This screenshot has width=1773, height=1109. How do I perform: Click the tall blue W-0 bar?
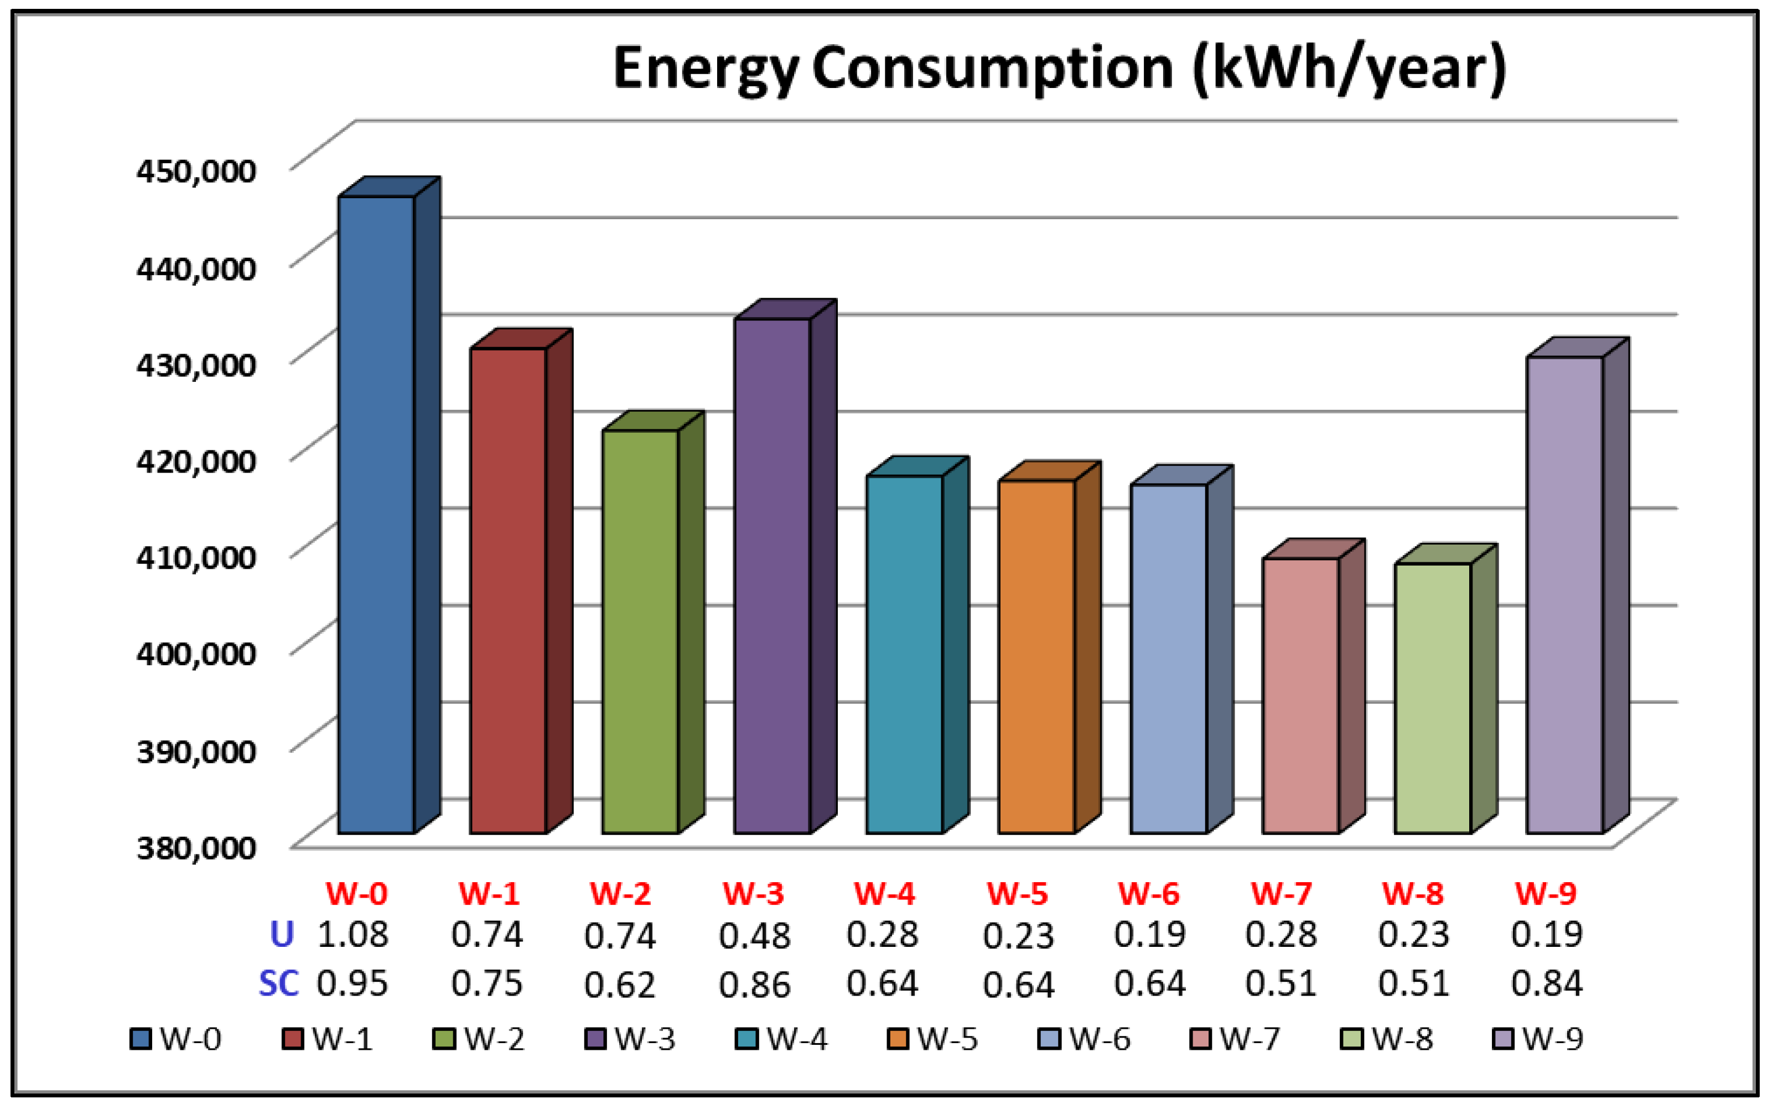click(x=376, y=514)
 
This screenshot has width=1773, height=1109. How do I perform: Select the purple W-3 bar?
click(x=772, y=576)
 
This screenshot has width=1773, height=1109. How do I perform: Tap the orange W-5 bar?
click(x=1036, y=656)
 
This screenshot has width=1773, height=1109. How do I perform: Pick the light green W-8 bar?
click(x=1432, y=697)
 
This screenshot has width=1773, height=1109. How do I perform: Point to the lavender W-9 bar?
click(x=1564, y=594)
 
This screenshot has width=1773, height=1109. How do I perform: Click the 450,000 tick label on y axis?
click(x=196, y=171)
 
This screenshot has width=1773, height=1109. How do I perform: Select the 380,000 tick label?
click(x=196, y=848)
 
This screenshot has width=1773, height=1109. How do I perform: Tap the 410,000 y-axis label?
click(x=196, y=557)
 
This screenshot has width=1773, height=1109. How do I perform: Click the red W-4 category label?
click(x=884, y=893)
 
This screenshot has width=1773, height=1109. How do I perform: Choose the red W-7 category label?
click(x=1280, y=893)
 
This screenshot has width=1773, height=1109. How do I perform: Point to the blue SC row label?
click(x=279, y=983)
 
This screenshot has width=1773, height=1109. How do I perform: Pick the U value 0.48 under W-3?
click(x=754, y=936)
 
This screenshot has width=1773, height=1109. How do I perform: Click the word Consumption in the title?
click(x=992, y=68)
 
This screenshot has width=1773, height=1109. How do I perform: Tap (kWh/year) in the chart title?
click(x=1349, y=68)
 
